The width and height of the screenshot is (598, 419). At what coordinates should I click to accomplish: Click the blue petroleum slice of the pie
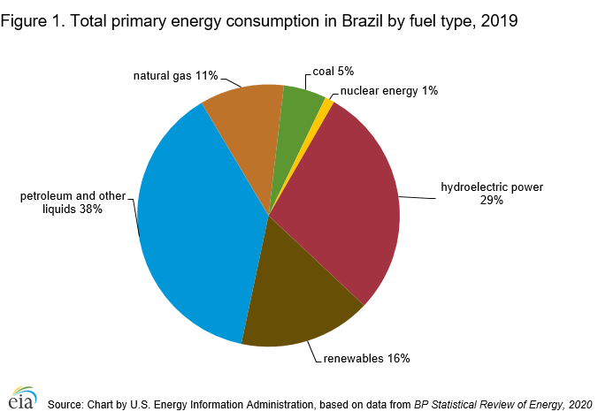[195, 230]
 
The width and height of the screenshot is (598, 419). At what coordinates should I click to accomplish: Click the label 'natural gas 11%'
[175, 75]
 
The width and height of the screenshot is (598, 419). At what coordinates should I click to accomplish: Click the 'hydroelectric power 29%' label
[492, 194]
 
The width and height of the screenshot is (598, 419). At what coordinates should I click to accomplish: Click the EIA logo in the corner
[23, 400]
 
